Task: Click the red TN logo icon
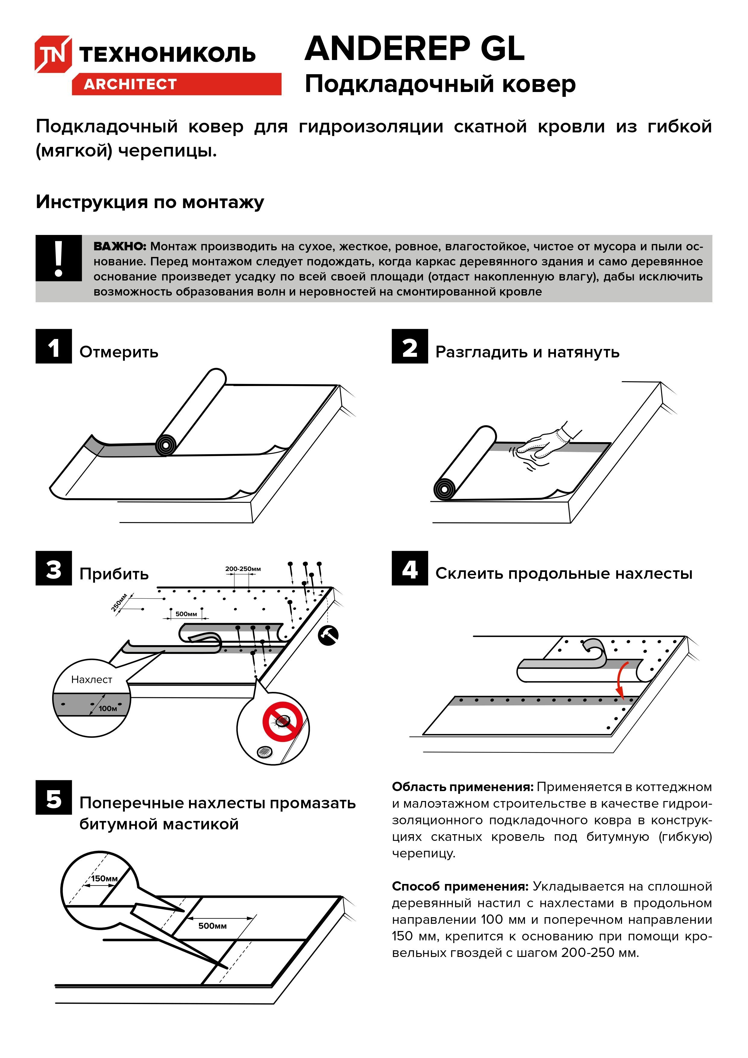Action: (x=53, y=54)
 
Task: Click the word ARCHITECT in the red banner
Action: (x=130, y=84)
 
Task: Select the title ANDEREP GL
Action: (x=415, y=49)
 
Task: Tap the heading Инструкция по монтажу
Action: (x=150, y=202)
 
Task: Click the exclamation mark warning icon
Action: (x=58, y=258)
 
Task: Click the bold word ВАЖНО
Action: (x=119, y=246)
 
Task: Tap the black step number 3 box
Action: (x=53, y=568)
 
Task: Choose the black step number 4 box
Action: (x=409, y=568)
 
